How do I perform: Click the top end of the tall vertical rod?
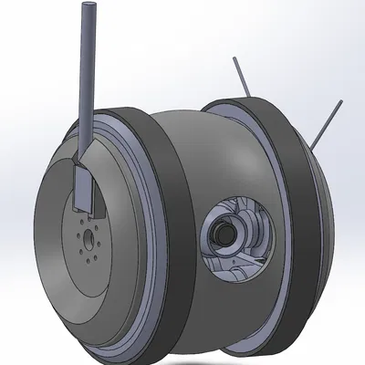tap(89, 7)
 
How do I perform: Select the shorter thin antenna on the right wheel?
tap(241, 77)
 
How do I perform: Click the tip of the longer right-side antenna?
tap(342, 102)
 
